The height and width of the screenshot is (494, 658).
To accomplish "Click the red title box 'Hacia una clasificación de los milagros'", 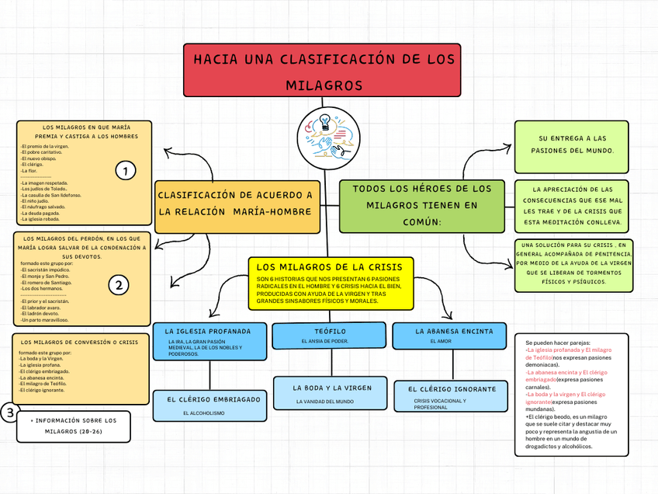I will coord(322,71).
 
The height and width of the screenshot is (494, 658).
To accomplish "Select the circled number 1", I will coord(125,171).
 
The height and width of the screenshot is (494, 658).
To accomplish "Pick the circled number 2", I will coord(119,285).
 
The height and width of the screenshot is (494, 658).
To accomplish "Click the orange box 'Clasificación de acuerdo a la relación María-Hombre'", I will coord(237,204).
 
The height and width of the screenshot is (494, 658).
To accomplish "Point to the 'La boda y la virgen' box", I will coord(331,393).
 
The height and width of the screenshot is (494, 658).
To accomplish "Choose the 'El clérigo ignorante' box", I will coord(452,395).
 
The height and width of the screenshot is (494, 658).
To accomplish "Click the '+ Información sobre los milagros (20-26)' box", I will coord(74,426).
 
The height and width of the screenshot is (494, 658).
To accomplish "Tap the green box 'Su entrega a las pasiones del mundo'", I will coord(571,144).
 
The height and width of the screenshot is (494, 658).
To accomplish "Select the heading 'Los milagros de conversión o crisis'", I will coord(80,342).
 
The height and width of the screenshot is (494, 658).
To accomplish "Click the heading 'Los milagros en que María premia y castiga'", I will coord(86,131).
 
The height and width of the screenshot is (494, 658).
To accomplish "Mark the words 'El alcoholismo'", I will coord(204,413).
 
